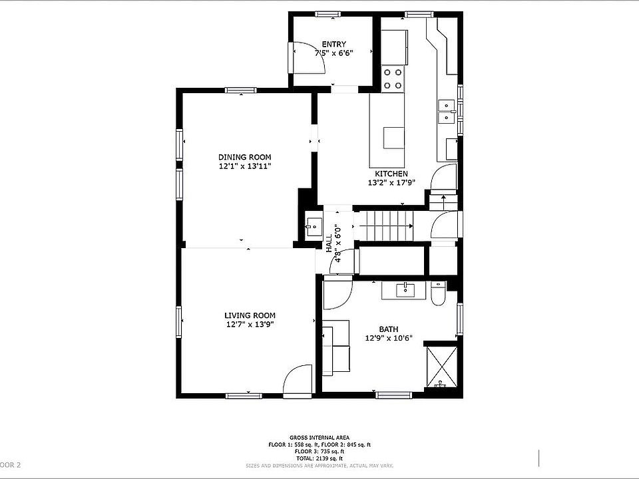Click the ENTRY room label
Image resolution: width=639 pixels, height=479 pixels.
coord(333,44)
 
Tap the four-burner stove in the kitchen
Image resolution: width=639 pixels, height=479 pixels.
coord(393,79)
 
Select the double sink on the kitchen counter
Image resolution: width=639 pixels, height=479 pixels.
coord(445,111)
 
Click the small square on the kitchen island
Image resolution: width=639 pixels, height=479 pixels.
coord(393,138)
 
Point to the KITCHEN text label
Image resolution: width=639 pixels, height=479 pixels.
coord(391,174)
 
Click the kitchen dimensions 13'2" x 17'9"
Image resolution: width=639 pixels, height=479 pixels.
coord(391,182)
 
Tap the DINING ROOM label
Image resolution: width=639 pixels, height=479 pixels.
coord(244,157)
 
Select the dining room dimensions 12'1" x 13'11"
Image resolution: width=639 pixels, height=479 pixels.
coord(244,166)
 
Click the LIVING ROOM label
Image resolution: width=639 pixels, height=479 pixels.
coord(250,315)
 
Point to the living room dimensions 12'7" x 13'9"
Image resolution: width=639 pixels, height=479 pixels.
coord(250,324)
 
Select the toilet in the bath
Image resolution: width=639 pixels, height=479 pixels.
coord(438,293)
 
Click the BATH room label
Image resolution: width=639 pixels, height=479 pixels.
coord(389,329)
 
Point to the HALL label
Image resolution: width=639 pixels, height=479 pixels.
coord(329,243)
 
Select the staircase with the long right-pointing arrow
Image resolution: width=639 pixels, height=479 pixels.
coord(386,226)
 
